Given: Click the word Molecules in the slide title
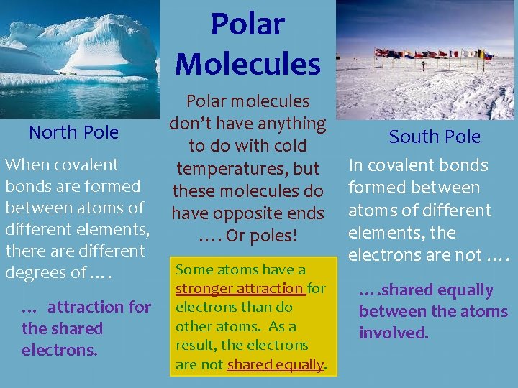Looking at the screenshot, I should click(x=247, y=63).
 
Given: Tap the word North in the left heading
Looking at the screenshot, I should click(x=53, y=132).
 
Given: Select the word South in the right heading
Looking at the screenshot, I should click(x=412, y=137).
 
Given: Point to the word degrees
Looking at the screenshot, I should click(x=35, y=273).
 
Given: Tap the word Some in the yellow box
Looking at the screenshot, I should click(x=191, y=270).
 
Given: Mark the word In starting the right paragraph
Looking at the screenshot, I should click(x=356, y=165).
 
